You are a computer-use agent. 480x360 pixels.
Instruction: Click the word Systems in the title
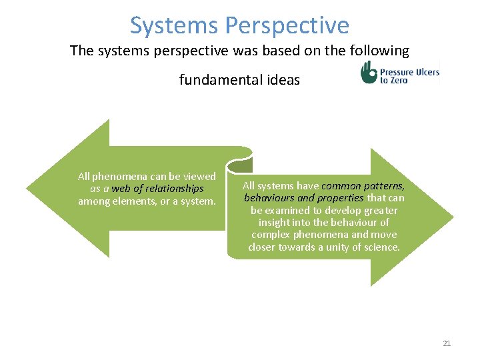coord(174,25)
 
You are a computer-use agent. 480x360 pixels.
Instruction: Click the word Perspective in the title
coord(287,25)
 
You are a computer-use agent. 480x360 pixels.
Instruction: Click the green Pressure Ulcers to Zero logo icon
coord(369,72)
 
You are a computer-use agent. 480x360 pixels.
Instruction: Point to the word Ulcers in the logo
coord(425,71)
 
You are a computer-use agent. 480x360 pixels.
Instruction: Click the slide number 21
coord(447,343)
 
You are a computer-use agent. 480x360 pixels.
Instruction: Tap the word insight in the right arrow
coord(274,222)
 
